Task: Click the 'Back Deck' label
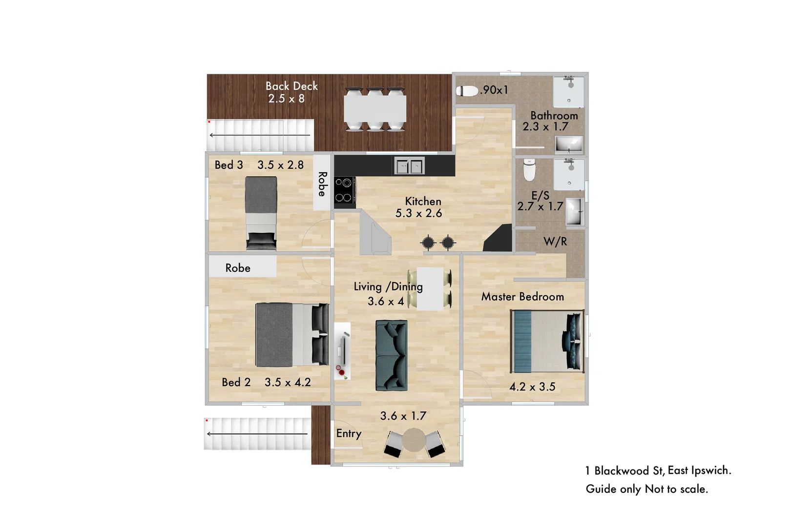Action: pos(291,86)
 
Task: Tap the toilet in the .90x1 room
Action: pos(467,91)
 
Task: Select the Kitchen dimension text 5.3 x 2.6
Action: pos(418,213)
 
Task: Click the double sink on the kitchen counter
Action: pos(409,166)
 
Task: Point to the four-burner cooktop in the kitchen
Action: pos(344,190)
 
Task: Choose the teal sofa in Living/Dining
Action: pos(391,355)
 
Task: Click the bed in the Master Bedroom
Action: pos(547,342)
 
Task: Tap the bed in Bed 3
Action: pos(261,213)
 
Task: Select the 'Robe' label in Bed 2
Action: pos(238,268)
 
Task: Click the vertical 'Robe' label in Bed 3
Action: pos(322,184)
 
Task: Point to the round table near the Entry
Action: pos(414,440)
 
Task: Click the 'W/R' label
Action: pos(555,242)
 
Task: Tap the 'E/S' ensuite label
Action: pos(540,196)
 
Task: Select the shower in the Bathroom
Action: pos(569,91)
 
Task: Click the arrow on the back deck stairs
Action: pos(259,135)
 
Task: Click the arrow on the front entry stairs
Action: pos(257,434)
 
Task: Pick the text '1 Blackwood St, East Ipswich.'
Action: pos(658,471)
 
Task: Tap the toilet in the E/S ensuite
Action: pos(529,169)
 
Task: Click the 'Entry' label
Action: pos(349,433)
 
